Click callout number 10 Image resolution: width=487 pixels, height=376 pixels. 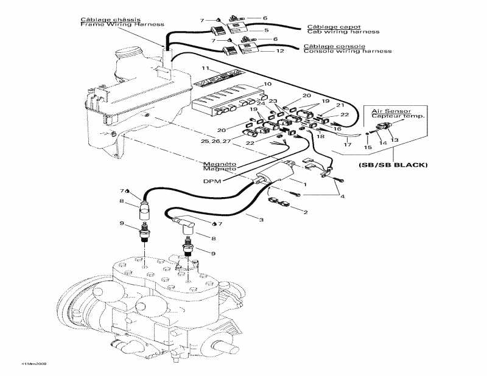pyautogui.click(x=267, y=84)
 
